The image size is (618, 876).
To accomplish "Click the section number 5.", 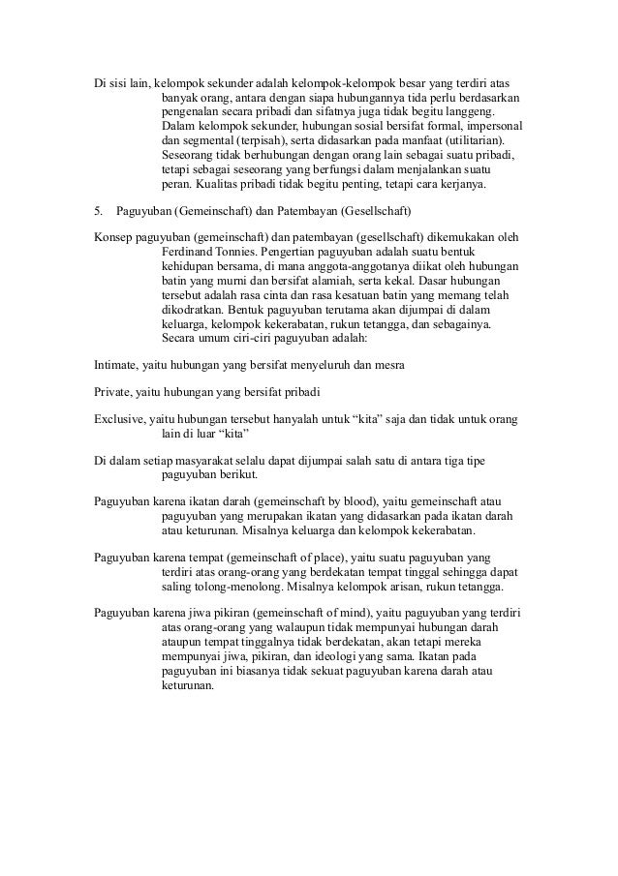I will point(97,210).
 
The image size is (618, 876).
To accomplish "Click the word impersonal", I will point(494,126).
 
